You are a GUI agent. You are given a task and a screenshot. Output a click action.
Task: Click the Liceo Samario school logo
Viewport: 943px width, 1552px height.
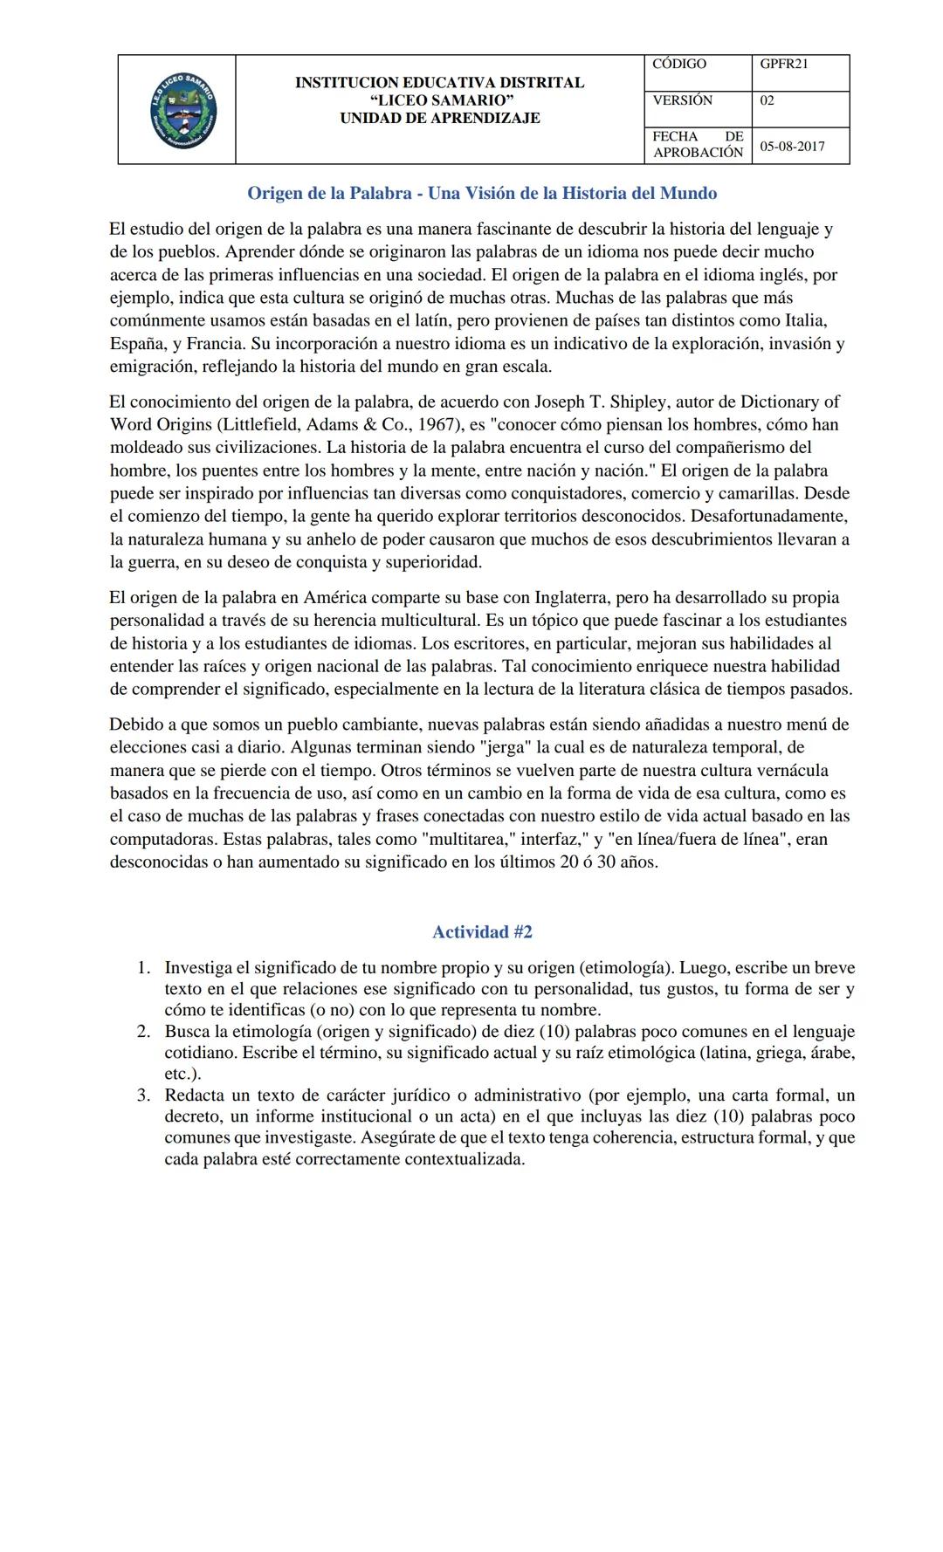pyautogui.click(x=182, y=111)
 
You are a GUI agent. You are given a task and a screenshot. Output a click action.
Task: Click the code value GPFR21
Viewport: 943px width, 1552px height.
pyautogui.click(x=783, y=64)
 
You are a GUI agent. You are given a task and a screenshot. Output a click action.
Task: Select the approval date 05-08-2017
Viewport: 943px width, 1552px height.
pyautogui.click(x=791, y=146)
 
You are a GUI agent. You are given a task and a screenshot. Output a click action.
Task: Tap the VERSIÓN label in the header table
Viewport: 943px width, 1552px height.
pyautogui.click(x=682, y=100)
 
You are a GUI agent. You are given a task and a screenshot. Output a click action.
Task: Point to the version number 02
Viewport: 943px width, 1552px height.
pyautogui.click(x=767, y=100)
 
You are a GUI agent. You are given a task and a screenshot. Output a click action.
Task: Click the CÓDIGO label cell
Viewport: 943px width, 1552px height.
pyautogui.click(x=678, y=64)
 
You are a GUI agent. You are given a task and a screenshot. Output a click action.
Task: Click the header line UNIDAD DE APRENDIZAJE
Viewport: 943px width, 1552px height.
pyautogui.click(x=439, y=118)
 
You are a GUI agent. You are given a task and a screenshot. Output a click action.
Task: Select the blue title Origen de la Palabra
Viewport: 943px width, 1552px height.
pyautogui.click(x=482, y=193)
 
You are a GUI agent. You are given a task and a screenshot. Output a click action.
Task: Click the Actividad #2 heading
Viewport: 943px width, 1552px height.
pyautogui.click(x=482, y=931)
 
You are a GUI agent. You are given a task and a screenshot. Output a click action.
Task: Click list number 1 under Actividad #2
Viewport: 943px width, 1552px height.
pyautogui.click(x=144, y=968)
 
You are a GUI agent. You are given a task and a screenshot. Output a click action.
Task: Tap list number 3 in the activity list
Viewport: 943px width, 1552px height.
pyautogui.click(x=144, y=1095)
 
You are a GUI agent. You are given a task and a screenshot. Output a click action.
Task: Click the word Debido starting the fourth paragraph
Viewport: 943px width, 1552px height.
pyautogui.click(x=134, y=724)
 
